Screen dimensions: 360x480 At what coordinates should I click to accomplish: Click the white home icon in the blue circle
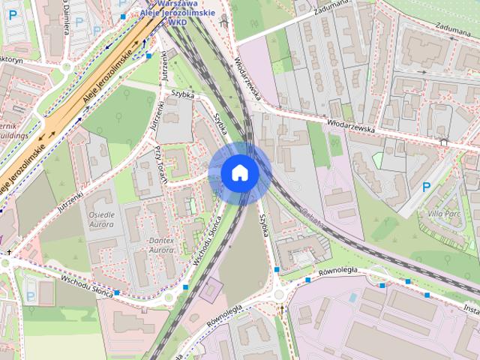[x=240, y=172]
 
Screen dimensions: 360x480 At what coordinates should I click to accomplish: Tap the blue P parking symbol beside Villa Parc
[x=426, y=187]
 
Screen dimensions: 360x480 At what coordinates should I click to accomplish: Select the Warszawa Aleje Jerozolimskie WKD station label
[x=178, y=13]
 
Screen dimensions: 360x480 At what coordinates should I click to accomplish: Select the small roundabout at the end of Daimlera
[x=67, y=67]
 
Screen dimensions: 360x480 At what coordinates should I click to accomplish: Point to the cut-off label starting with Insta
[x=471, y=307]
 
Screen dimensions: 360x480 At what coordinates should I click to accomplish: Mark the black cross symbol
[x=445, y=140]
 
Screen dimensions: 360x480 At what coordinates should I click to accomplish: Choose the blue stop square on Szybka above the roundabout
[x=277, y=269]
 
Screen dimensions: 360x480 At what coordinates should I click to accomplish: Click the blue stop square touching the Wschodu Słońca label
[x=117, y=292]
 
